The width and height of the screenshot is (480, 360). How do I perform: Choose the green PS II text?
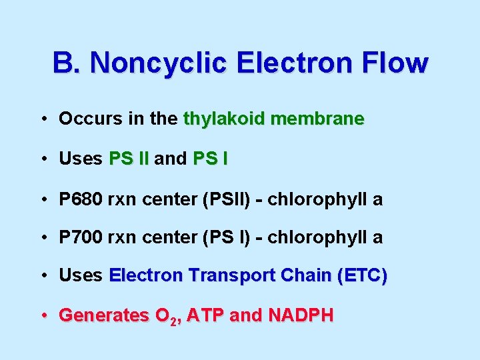pyautogui.click(x=129, y=159)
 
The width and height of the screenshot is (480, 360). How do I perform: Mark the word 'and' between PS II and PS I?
pyautogui.click(x=171, y=159)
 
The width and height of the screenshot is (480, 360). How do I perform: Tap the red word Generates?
pyautogui.click(x=103, y=315)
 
